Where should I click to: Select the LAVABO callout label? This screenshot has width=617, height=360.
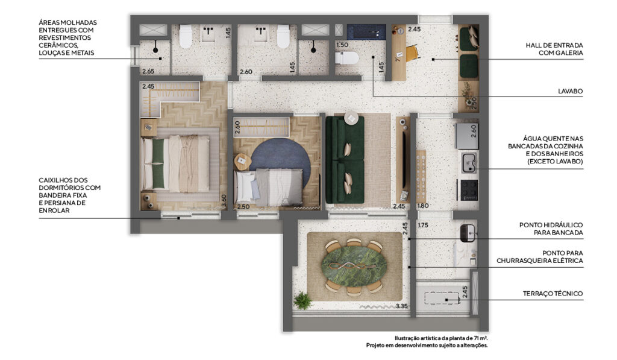tap(570, 91)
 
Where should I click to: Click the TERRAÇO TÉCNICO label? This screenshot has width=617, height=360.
tap(553, 294)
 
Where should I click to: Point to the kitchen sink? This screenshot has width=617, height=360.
tap(469, 163)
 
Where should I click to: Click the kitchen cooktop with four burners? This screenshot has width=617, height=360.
tap(469, 189)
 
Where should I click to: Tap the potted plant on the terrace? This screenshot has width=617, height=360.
tap(302, 300)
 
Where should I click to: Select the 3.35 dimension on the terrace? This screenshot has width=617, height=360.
tap(401, 306)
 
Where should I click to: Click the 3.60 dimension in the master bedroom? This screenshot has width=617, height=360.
tap(224, 200)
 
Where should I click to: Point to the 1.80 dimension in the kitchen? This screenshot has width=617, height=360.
tap(422, 206)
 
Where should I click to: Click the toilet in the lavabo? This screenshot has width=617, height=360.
tap(346, 58)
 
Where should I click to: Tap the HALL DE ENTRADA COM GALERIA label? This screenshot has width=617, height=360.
tap(554, 49)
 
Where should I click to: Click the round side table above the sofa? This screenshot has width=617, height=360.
tap(351, 118)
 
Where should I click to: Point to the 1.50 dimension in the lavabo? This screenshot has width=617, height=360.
tap(342, 45)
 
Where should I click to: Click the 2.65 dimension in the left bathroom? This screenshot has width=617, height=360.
tap(148, 71)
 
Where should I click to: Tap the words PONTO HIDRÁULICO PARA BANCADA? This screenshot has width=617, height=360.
tap(551, 229)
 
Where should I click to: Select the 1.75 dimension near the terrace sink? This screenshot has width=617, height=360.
tap(423, 226)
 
